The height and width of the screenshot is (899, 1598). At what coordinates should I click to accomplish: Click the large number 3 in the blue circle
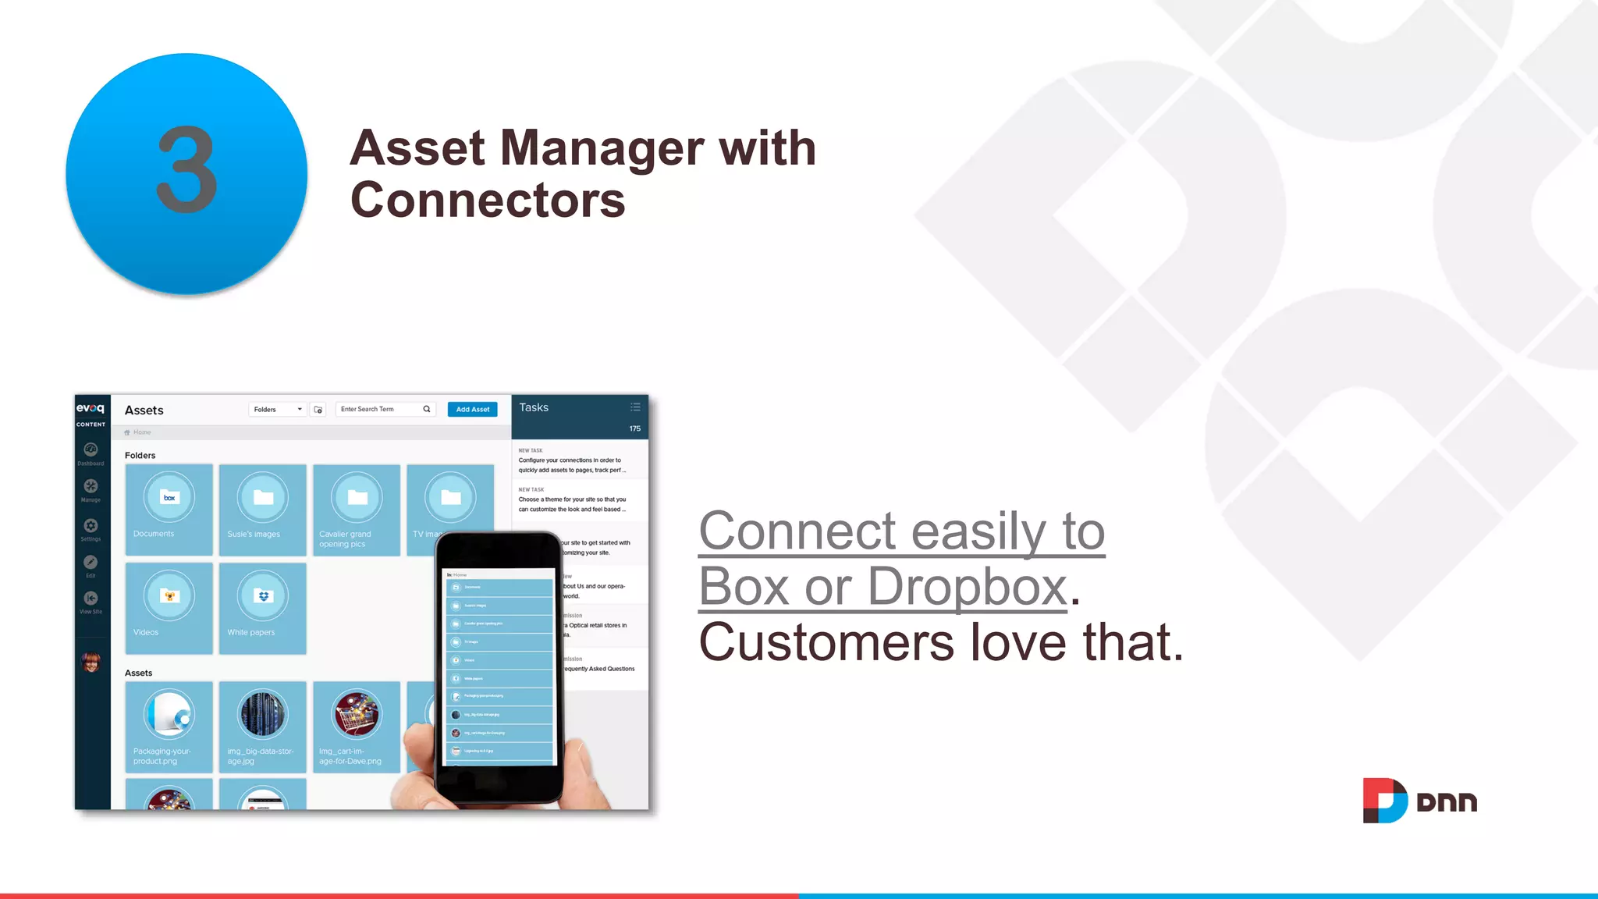pyautogui.click(x=187, y=170)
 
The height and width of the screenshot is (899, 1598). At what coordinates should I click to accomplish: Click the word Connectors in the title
pyautogui.click(x=488, y=201)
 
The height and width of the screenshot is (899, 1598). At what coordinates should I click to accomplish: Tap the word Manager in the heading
pyautogui.click(x=601, y=148)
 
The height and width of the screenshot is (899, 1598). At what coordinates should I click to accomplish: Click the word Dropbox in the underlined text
pyautogui.click(x=967, y=586)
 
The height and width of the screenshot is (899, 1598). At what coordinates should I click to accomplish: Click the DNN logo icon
pyautogui.click(x=1384, y=801)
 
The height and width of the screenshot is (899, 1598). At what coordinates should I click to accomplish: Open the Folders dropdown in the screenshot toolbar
pyautogui.click(x=277, y=410)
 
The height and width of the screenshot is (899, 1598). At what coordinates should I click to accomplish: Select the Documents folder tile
pyautogui.click(x=169, y=509)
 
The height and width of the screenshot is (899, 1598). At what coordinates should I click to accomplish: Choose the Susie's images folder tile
pyautogui.click(x=262, y=509)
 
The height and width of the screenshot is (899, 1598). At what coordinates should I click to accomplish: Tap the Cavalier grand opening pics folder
pyautogui.click(x=357, y=509)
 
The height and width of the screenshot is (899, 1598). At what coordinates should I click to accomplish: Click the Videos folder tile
pyautogui.click(x=169, y=608)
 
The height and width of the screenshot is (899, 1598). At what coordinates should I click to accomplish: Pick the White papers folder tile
pyautogui.click(x=262, y=608)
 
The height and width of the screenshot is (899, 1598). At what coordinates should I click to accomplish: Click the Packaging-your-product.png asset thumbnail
pyautogui.click(x=169, y=726)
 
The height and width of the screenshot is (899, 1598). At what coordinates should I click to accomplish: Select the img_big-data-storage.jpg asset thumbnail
pyautogui.click(x=262, y=726)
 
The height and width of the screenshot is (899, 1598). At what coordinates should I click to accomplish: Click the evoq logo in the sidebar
pyautogui.click(x=91, y=408)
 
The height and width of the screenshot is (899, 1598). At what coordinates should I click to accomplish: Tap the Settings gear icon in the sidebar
pyautogui.click(x=91, y=526)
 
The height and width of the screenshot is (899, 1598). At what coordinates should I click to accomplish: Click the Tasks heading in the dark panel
pyautogui.click(x=534, y=407)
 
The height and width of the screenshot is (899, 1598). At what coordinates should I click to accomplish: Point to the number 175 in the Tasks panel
pyautogui.click(x=635, y=428)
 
